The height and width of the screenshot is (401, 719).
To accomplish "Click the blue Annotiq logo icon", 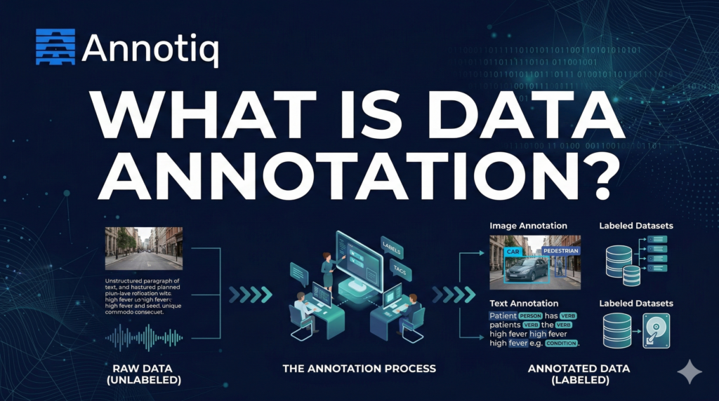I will pyautogui.click(x=55, y=47).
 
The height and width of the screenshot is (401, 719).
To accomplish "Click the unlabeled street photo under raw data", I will pyautogui.click(x=143, y=248).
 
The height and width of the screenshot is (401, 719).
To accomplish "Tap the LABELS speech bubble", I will pyautogui.click(x=394, y=245).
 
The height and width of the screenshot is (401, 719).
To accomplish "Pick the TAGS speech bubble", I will pyautogui.click(x=401, y=270).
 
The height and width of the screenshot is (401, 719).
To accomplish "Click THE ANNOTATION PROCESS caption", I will pyautogui.click(x=359, y=368).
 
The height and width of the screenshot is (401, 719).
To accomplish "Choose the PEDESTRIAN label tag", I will pyautogui.click(x=560, y=250).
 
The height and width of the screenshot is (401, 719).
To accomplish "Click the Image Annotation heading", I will pyautogui.click(x=527, y=226).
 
